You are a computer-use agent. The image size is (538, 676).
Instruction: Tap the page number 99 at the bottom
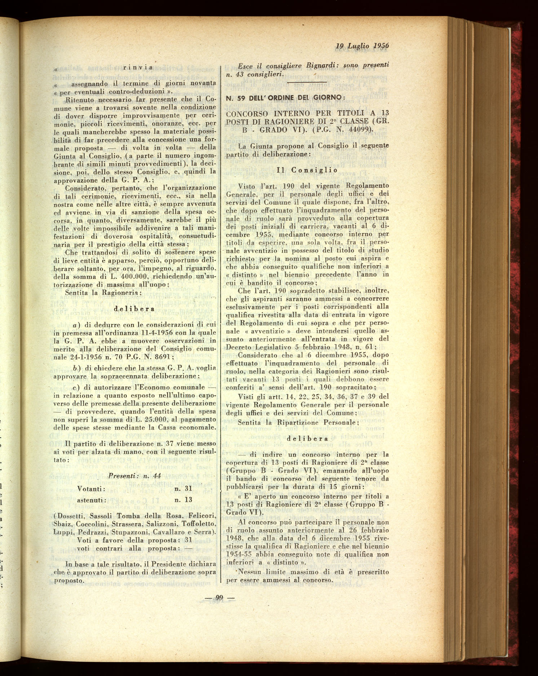[219, 599]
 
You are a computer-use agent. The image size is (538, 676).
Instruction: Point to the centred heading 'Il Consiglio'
[307, 170]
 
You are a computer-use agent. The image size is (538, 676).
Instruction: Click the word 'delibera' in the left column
[134, 309]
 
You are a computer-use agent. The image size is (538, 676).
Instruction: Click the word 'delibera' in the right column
[307, 439]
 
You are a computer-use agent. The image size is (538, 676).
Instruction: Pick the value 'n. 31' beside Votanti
[183, 489]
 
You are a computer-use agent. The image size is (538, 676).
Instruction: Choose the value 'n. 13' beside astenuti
[183, 500]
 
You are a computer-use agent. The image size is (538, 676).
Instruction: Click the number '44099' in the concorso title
[355, 129]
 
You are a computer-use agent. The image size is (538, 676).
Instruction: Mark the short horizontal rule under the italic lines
[306, 83]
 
